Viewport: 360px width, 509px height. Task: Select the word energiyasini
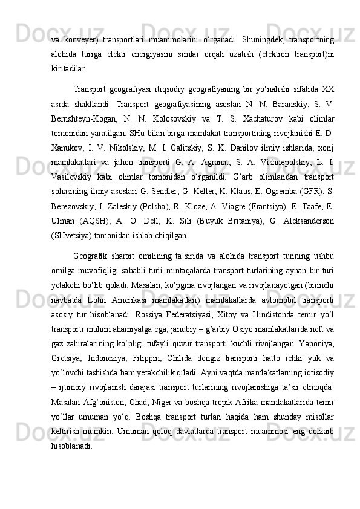pos(168,55)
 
